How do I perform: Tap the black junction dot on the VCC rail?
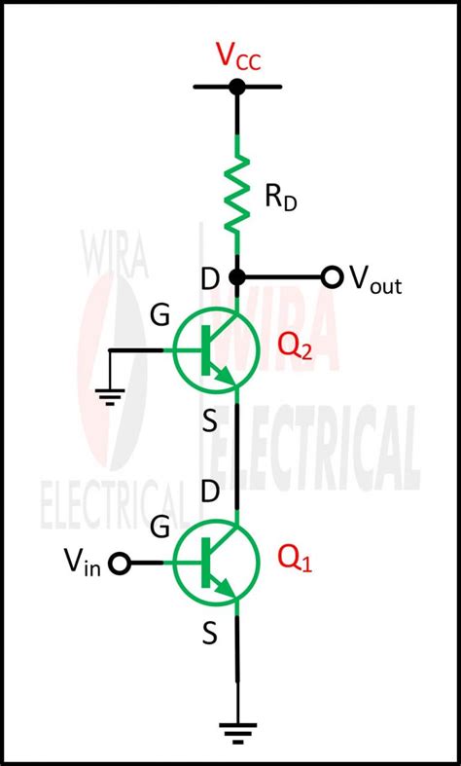click(236, 87)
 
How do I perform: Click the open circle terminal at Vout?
click(332, 278)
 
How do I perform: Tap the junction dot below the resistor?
click(236, 278)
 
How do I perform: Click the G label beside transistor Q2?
click(161, 316)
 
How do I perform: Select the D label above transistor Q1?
click(209, 492)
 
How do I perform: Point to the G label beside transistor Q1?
click(161, 529)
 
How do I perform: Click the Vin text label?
click(83, 561)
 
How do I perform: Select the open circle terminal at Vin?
click(120, 563)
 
